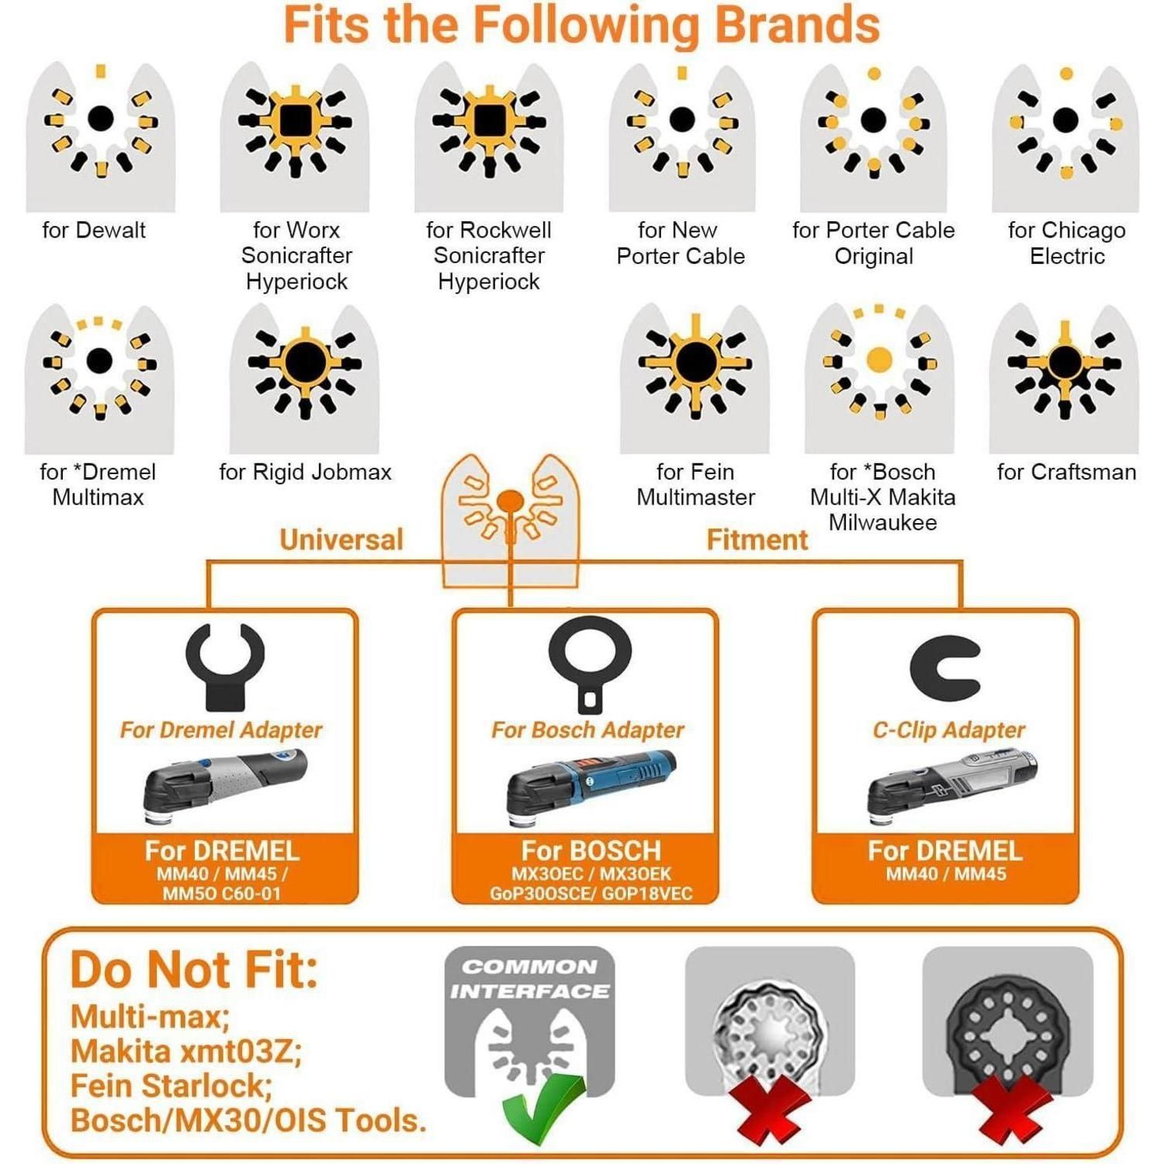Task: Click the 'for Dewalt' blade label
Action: [x=94, y=230]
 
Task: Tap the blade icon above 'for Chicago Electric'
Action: [x=1065, y=138]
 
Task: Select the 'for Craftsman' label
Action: [x=1066, y=472]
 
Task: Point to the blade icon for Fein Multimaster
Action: [x=695, y=379]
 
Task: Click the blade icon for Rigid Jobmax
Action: [x=305, y=379]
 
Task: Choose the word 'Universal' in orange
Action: [x=341, y=539]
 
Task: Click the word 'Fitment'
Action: [x=757, y=539]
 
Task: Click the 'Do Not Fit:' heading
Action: [x=194, y=970]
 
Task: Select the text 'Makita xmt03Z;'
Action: [x=186, y=1051]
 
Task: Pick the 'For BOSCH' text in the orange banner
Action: [x=591, y=850]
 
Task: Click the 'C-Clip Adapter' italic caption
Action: [x=948, y=730]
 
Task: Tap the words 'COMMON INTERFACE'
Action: [x=530, y=979]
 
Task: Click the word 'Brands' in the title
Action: [x=797, y=25]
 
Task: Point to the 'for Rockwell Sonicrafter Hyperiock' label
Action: [x=489, y=255]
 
